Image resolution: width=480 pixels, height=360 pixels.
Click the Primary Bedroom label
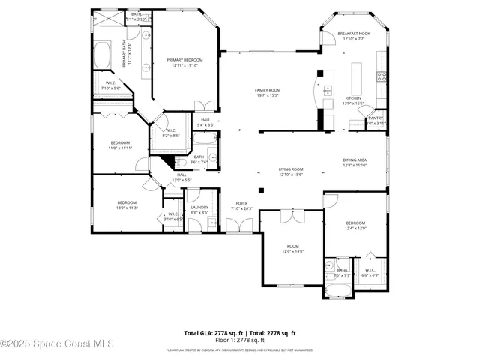pyautogui.click(x=184, y=60)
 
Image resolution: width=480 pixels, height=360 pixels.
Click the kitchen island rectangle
pyautogui.click(x=356, y=75)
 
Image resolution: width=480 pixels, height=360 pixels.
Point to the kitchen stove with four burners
pyautogui.click(x=380, y=74)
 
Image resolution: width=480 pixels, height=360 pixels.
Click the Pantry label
pyautogui.click(x=376, y=118)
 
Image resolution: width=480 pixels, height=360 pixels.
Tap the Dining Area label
pyautogui.click(x=355, y=160)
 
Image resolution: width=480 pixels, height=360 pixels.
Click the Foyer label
pyautogui.click(x=242, y=202)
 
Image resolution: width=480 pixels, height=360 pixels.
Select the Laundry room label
pyautogui.click(x=199, y=207)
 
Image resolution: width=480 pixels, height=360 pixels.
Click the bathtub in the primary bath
pyautogui.click(x=103, y=55)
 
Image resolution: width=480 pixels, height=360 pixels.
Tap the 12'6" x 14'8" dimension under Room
pyautogui.click(x=292, y=251)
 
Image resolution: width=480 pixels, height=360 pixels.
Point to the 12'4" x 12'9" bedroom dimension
pyautogui.click(x=355, y=228)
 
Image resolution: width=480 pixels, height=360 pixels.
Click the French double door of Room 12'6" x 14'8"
pyautogui.click(x=291, y=216)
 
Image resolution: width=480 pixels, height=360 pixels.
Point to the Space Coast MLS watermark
pyautogui.click(x=57, y=344)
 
